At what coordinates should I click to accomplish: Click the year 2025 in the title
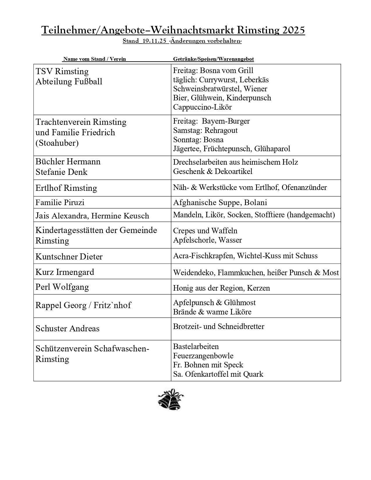(293, 30)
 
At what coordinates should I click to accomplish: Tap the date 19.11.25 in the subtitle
(154, 41)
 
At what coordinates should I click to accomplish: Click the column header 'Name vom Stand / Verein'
(95, 59)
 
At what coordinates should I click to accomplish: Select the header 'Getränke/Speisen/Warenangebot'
(213, 59)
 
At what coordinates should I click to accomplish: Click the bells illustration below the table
(171, 399)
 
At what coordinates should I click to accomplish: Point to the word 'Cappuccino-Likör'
(202, 107)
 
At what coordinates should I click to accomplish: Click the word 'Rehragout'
(221, 130)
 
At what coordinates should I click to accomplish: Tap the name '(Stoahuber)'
(57, 143)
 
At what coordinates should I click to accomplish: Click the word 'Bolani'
(256, 202)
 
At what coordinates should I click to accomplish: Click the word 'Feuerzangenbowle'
(203, 356)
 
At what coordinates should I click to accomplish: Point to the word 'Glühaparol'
(272, 149)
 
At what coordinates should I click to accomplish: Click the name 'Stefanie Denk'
(61, 172)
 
